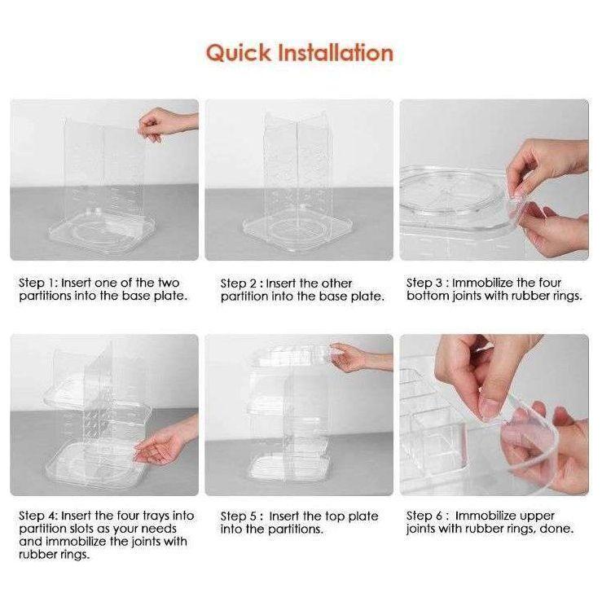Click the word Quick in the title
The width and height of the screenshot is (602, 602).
238,53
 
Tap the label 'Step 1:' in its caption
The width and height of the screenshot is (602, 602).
38,283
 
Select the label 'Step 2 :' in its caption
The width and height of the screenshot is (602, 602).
242,284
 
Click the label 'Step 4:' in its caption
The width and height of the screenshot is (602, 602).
38,516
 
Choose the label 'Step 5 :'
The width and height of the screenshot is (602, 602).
242,516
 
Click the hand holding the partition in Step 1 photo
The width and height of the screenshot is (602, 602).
161,124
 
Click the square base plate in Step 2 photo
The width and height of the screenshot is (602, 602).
298,231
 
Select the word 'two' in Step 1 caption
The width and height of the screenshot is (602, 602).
169,283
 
